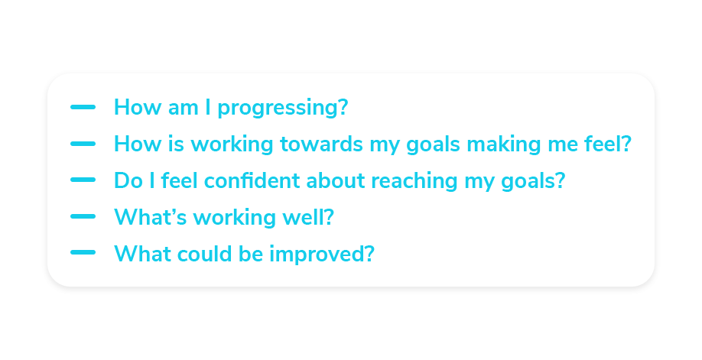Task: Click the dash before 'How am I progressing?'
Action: click(83, 107)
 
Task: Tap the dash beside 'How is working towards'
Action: click(83, 144)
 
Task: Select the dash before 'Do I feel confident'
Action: click(83, 180)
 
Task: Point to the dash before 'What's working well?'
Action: click(83, 216)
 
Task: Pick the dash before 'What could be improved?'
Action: click(83, 252)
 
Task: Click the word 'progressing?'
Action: click(283, 109)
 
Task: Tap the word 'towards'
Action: click(321, 144)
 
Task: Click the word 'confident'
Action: click(252, 180)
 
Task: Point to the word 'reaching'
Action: click(414, 182)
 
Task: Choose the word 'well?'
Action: click(308, 217)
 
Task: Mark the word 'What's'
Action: click(151, 217)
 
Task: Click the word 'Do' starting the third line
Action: click(128, 181)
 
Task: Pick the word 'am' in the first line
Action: click(183, 109)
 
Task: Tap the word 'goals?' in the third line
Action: click(533, 182)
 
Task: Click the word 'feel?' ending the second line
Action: click(608, 144)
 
